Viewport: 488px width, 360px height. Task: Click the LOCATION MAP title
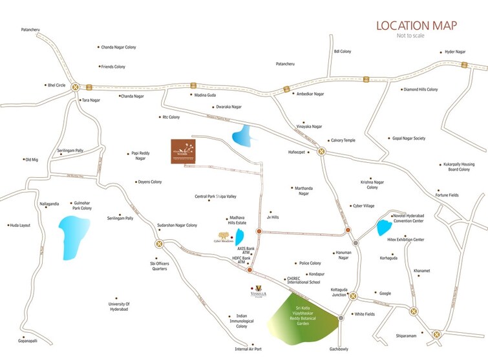pyautogui.click(x=416, y=25)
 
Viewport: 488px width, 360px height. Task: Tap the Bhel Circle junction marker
pyautogui.click(x=76, y=87)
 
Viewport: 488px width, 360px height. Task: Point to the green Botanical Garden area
pyautogui.click(x=302, y=316)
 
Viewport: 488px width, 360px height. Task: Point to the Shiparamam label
pyautogui.click(x=410, y=335)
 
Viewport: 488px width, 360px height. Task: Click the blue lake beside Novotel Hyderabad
pyautogui.click(x=384, y=227)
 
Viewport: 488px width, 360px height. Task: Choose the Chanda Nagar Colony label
pyautogui.click(x=120, y=47)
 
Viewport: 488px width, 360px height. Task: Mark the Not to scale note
pyautogui.click(x=412, y=37)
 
